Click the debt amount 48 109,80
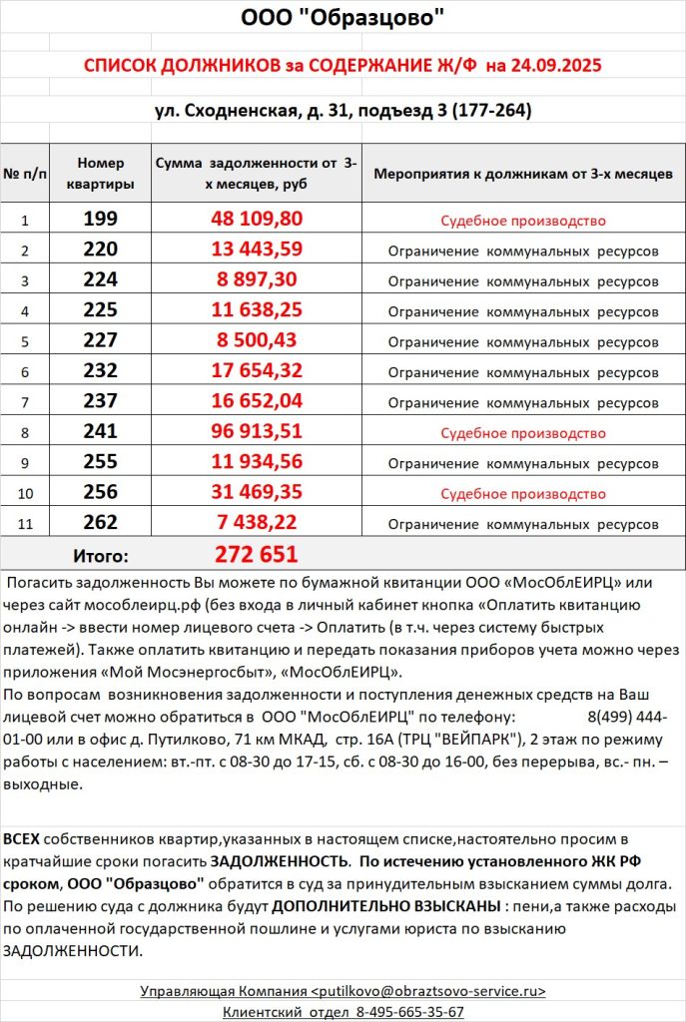[256, 219]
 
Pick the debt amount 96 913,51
[256, 433]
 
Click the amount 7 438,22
[256, 522]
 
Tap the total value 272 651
[256, 554]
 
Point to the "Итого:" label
[101, 555]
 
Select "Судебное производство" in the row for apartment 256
[523, 493]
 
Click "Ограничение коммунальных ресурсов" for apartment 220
[523, 250]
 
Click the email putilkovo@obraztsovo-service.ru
[430, 991]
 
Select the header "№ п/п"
[26, 173]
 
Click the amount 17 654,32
[256, 371]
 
